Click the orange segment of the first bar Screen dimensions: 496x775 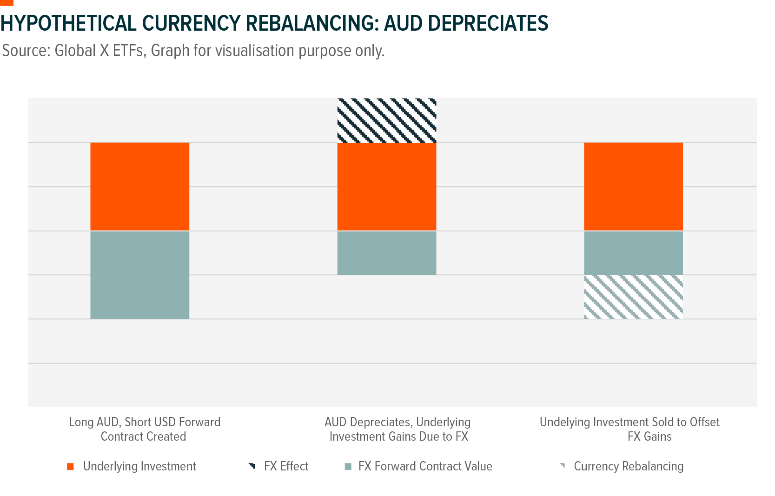point(139,186)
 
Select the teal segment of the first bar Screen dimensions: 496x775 point(139,275)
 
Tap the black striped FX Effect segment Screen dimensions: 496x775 point(386,120)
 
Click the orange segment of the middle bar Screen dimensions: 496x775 point(386,186)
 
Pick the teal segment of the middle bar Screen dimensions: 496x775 point(386,253)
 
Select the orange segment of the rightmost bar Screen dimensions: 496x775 point(633,186)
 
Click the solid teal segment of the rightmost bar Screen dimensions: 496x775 point(633,253)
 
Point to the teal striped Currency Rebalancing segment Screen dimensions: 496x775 point(633,297)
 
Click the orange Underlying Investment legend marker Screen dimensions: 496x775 point(70,467)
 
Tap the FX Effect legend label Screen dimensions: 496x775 point(285,466)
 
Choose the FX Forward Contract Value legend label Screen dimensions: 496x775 point(425,466)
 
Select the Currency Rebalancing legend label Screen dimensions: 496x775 point(628,466)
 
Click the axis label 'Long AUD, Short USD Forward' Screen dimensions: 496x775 point(145,422)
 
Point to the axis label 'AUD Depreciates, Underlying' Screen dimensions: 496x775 point(397,422)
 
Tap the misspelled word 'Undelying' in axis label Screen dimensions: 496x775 point(561,422)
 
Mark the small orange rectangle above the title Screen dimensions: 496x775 point(7,3)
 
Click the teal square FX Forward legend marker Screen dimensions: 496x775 point(348,467)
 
